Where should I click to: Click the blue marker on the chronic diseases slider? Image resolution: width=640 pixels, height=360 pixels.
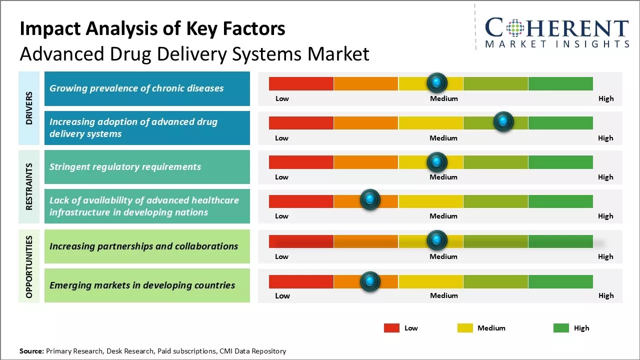pyautogui.click(x=437, y=82)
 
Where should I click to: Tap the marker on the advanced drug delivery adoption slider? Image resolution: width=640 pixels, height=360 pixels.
pyautogui.click(x=503, y=121)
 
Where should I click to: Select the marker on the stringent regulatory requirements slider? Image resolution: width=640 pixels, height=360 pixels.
pyautogui.click(x=437, y=161)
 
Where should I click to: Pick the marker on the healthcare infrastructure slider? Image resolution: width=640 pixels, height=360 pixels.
pyautogui.click(x=370, y=200)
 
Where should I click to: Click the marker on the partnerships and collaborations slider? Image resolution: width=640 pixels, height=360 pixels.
pyautogui.click(x=437, y=240)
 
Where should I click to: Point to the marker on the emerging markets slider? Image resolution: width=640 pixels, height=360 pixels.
pyautogui.click(x=370, y=281)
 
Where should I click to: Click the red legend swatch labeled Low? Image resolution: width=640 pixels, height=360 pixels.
pyautogui.click(x=391, y=328)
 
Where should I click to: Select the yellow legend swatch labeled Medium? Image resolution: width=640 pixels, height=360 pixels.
pyautogui.click(x=465, y=328)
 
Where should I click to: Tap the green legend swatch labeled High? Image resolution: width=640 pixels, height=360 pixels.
pyautogui.click(x=561, y=328)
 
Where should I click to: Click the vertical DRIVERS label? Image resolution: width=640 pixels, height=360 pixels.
pyautogui.click(x=29, y=108)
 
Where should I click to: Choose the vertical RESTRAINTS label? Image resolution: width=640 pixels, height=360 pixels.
pyautogui.click(x=29, y=186)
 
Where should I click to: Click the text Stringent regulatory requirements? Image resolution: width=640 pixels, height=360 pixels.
pyautogui.click(x=125, y=167)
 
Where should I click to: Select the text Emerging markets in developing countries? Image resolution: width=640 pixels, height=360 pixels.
pyautogui.click(x=142, y=285)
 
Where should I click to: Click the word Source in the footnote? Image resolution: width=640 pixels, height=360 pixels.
pyautogui.click(x=31, y=351)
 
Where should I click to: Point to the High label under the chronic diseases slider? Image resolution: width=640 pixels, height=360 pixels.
pyautogui.click(x=605, y=98)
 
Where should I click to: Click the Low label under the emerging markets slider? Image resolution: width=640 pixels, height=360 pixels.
pyautogui.click(x=282, y=295)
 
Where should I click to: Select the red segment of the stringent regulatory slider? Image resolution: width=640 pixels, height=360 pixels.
pyautogui.click(x=301, y=162)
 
